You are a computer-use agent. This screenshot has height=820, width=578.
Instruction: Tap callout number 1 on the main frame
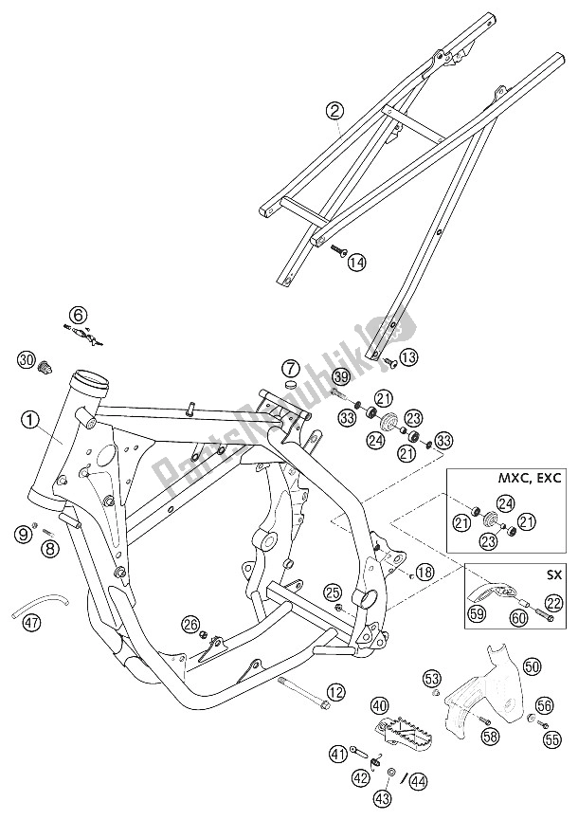coord(30,418)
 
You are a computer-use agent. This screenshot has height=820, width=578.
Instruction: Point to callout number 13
coord(407,357)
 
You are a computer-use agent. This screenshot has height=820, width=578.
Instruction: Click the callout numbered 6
coord(78,314)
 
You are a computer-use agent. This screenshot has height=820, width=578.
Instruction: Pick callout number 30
coord(27,359)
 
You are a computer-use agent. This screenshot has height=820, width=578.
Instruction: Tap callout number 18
coord(424,572)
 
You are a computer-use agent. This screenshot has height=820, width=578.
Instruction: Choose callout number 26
coord(190,624)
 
